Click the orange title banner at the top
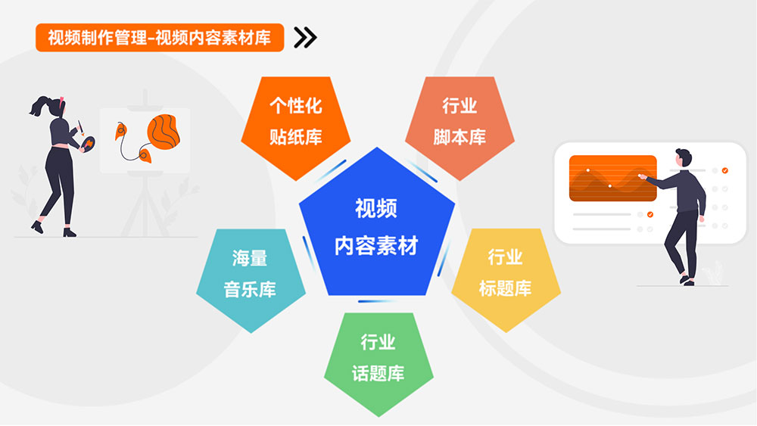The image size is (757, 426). [160, 38]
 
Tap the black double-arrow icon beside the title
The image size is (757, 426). [306, 38]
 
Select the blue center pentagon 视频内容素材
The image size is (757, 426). [376, 223]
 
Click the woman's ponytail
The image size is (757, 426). [39, 105]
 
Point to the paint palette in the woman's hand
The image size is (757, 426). [89, 144]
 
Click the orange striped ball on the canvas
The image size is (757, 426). [164, 131]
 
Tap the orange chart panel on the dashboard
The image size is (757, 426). [612, 178]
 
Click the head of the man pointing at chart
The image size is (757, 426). [684, 158]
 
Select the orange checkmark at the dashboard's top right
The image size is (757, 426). [724, 170]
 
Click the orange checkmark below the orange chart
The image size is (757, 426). [650, 214]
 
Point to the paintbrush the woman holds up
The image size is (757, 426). [80, 127]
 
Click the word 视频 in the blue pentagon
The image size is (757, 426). [376, 208]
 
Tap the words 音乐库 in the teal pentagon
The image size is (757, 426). [250, 290]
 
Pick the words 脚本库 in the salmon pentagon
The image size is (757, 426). [459, 137]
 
